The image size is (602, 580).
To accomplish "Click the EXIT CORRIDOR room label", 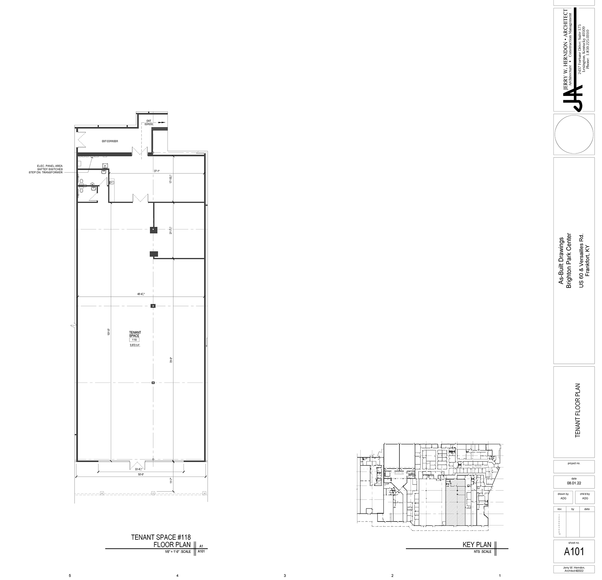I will (110, 141).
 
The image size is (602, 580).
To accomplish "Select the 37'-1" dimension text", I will (157, 171).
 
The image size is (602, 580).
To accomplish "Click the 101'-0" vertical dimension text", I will (109, 332).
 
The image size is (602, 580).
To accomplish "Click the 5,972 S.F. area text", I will (135, 345).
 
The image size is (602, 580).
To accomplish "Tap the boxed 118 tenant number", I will (135, 340).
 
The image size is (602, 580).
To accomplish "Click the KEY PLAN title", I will (477, 545).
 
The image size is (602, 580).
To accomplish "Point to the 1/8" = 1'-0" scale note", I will (175, 552).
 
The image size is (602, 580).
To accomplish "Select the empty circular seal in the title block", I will (574, 134).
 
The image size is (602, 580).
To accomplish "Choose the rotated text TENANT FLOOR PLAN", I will (578, 410).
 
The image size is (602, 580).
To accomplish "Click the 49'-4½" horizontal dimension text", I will (140, 294).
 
